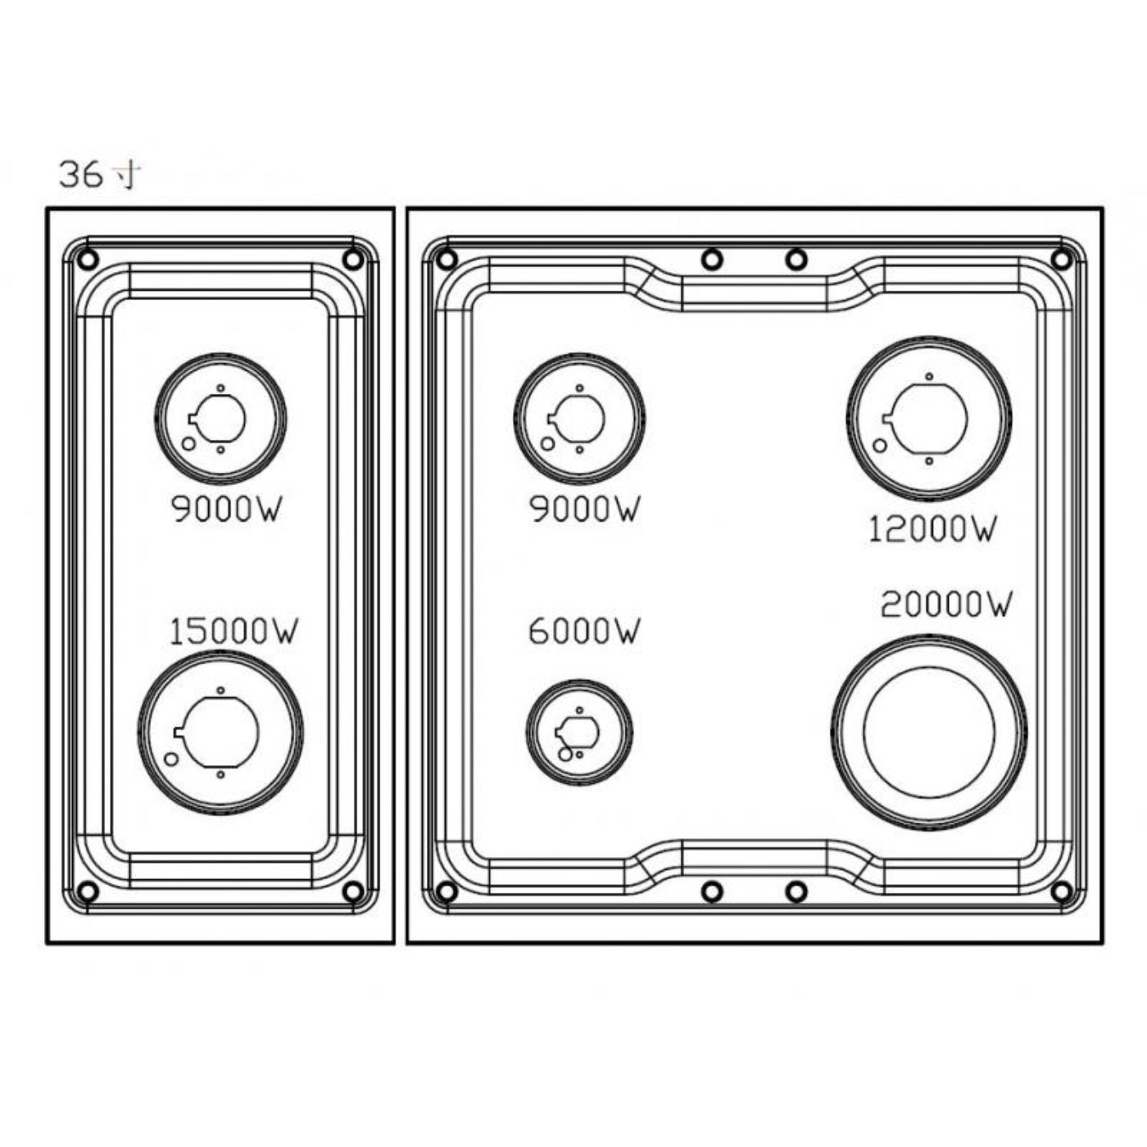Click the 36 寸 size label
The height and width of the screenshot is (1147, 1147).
[99, 175]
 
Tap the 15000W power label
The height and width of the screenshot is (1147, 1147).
[233, 632]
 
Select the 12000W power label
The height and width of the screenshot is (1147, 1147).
[932, 529]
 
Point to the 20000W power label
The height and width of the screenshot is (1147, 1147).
[945, 605]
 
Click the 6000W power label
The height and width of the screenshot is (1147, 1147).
[583, 632]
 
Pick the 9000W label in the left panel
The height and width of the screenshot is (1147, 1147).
[226, 510]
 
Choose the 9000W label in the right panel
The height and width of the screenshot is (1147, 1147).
[583, 510]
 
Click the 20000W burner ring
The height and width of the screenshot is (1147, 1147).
[929, 732]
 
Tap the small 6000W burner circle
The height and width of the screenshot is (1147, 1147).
[579, 732]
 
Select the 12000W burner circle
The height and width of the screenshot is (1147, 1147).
[928, 419]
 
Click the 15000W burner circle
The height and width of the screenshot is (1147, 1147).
[220, 732]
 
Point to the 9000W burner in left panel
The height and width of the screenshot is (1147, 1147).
[220, 419]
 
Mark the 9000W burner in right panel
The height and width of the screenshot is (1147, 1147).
[579, 419]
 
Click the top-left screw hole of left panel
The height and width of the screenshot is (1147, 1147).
[88, 260]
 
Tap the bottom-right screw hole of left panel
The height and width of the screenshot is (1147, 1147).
[353, 891]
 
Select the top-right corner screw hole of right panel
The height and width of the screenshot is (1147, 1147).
[1061, 260]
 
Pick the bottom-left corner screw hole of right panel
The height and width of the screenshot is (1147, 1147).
[447, 891]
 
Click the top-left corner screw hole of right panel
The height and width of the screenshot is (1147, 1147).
[447, 260]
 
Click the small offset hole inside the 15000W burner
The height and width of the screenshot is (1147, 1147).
[171, 759]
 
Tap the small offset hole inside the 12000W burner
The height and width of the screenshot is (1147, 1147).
[880, 446]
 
